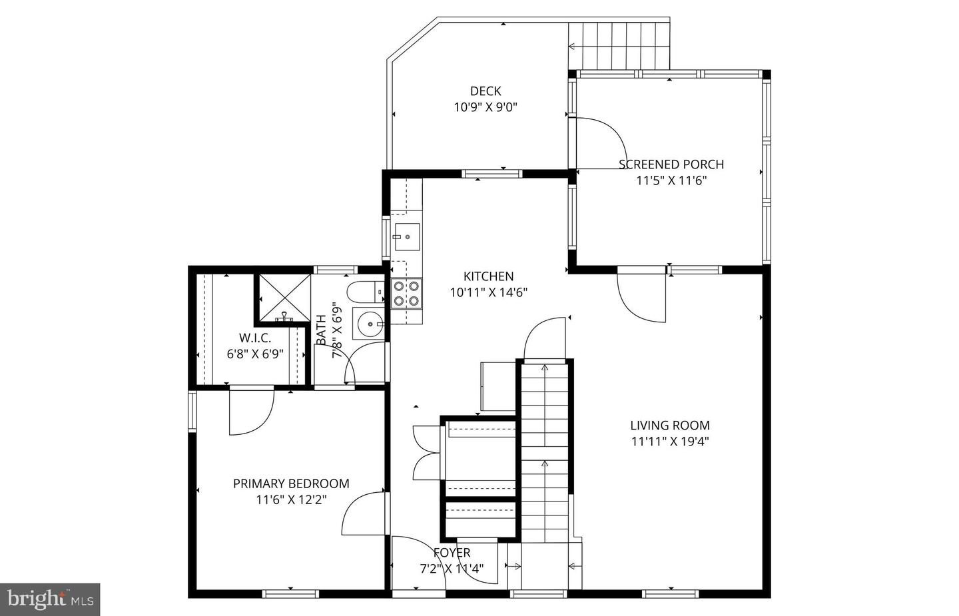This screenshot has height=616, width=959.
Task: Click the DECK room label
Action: (485, 91)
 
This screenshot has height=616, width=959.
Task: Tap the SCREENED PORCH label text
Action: (671, 164)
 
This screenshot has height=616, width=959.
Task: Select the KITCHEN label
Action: (489, 276)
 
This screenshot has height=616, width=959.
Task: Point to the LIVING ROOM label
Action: (669, 426)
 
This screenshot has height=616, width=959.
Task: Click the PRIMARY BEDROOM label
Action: (291, 483)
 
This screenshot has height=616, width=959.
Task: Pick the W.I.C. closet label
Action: (255, 338)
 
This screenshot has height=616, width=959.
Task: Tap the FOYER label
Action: (452, 553)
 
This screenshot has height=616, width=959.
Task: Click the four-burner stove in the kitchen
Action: (406, 293)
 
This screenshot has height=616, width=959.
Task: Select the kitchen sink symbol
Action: (407, 236)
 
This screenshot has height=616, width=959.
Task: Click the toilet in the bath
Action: (366, 292)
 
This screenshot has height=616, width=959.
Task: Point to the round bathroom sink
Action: (369, 324)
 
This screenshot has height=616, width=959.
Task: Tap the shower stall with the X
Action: (285, 298)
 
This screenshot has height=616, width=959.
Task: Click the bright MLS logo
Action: (50, 599)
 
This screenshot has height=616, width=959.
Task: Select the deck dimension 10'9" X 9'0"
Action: (485, 107)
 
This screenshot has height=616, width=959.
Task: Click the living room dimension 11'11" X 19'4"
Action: (670, 442)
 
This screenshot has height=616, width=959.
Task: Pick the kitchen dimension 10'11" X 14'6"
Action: (489, 293)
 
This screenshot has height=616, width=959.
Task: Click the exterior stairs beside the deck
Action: (619, 46)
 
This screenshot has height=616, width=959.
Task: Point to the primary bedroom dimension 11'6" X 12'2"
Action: (291, 500)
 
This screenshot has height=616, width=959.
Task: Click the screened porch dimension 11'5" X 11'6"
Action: (671, 180)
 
